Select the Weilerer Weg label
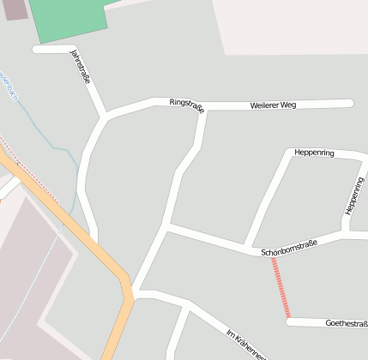pyautogui.click(x=274, y=105)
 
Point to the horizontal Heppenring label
pyautogui.click(x=313, y=153)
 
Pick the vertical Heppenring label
pyautogui.click(x=353, y=196)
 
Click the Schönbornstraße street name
pyautogui.click(x=288, y=248)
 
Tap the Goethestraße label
pyautogui.click(x=347, y=323)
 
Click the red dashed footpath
pyautogui.click(x=281, y=288)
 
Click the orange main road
pyautogui.click(x=86, y=236)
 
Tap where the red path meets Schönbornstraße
pyautogui.click(x=273, y=256)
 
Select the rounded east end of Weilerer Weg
pyautogui.click(x=350, y=104)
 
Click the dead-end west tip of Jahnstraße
pyautogui.click(x=36, y=49)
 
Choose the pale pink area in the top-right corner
pyautogui.click(x=292, y=26)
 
